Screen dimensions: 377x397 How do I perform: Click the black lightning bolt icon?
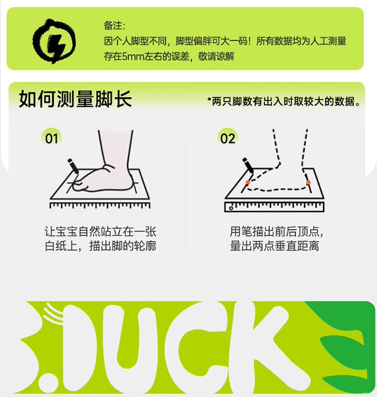pos(54,41)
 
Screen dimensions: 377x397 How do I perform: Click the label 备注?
pos(115,26)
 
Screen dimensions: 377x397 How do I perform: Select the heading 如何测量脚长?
pos(75,99)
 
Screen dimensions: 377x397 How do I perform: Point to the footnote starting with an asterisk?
pos(284,101)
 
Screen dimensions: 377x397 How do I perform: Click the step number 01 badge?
pos(51,138)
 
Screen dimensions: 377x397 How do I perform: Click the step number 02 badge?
pos(227,138)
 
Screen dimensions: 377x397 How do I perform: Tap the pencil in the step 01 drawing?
pos(73,166)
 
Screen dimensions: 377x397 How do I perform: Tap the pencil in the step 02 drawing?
pos(248,166)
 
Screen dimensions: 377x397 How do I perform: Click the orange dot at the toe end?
pos(248,182)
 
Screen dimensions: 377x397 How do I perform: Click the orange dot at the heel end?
pos(308,182)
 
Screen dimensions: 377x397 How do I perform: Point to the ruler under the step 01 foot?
pos(100,205)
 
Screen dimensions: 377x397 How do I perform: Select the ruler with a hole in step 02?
pos(274,207)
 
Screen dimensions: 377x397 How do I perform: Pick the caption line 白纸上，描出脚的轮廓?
pos(101,246)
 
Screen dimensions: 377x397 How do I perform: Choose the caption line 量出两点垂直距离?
pos(274,246)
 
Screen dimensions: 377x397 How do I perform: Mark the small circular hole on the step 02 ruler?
pos(231,208)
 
